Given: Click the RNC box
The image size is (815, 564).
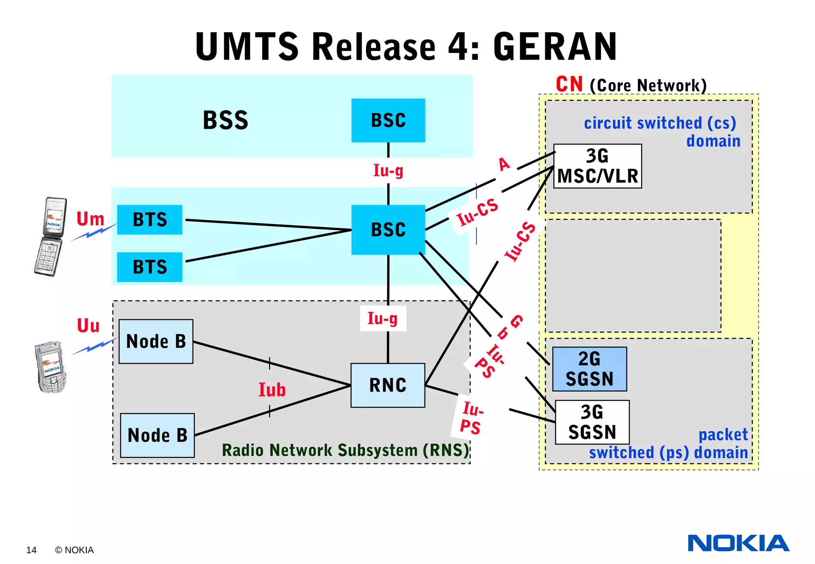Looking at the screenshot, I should tap(388, 385).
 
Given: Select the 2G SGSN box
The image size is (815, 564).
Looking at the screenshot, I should tap(589, 369).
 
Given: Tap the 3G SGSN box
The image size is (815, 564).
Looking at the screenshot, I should tap(592, 422).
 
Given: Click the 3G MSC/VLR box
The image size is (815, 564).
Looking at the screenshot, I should tap(597, 166).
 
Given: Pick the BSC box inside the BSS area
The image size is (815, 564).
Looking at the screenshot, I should tap(388, 120).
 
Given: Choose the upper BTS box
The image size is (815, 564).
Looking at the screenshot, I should tap(150, 220).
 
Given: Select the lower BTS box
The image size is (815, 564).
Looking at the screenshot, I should tap(150, 267).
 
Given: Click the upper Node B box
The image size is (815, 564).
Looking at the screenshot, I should tap(156, 341).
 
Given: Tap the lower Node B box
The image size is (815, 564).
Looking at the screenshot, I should tap(157, 435).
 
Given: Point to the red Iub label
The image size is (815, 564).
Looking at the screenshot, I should tap(272, 390).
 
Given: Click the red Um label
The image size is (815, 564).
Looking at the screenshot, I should tap(90, 219).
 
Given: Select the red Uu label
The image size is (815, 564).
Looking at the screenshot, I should tap(88, 326).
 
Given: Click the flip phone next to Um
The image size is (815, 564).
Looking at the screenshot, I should tap(50, 236).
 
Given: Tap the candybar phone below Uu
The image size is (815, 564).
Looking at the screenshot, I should tap(51, 367).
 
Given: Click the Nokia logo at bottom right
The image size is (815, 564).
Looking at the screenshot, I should tap(738, 543).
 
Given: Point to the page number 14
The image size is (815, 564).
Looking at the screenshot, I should tap(31, 550).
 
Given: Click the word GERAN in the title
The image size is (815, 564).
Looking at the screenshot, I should tap(555, 47).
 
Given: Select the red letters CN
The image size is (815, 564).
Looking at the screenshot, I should tap(569, 84).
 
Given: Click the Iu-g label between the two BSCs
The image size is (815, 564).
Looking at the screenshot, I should tap(388, 171).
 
